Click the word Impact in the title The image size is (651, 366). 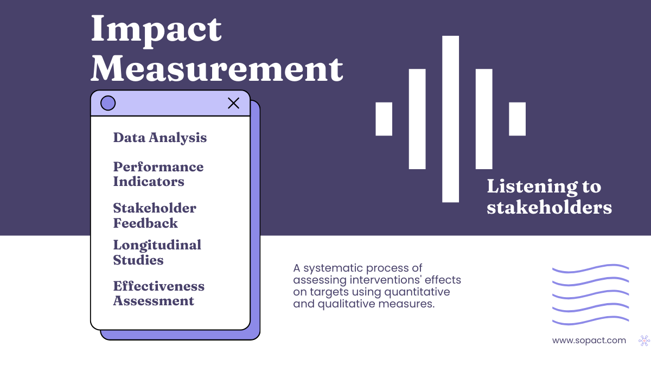[156, 30]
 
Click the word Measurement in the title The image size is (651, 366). [216, 69]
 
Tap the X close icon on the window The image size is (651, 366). [233, 103]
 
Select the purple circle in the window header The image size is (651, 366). [108, 103]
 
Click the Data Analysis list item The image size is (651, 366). [159, 138]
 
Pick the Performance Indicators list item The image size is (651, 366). [158, 174]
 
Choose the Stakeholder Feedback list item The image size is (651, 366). [154, 215]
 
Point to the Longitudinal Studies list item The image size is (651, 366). [157, 252]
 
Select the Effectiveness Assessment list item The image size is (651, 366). [158, 293]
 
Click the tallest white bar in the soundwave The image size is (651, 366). [450, 119]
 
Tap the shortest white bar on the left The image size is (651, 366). [384, 119]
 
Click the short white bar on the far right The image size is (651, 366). [517, 119]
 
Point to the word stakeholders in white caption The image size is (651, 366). [549, 207]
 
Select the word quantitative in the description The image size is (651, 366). [417, 292]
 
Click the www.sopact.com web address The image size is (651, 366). [589, 341]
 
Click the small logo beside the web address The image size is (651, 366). [644, 341]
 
